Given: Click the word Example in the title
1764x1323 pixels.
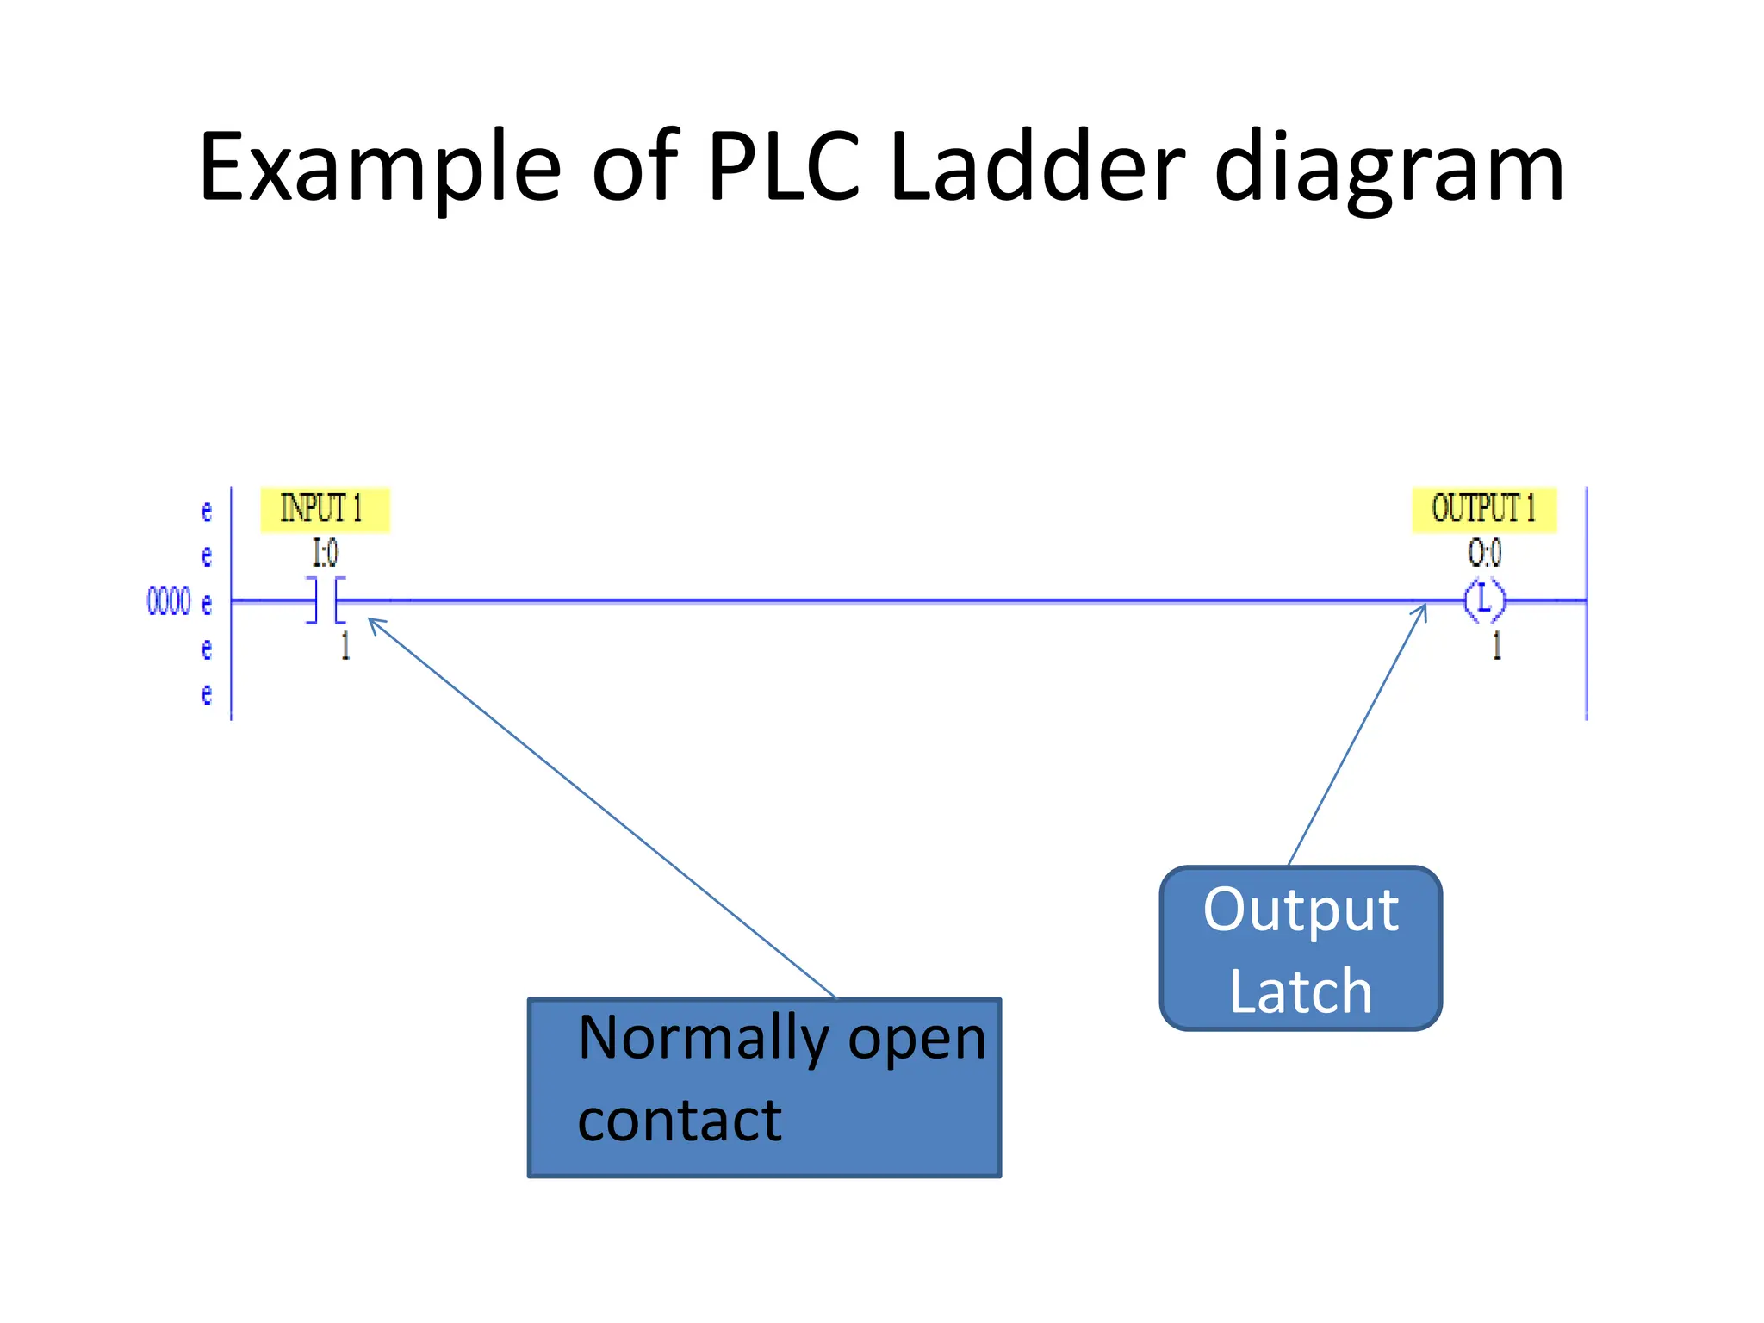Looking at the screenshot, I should point(380,167).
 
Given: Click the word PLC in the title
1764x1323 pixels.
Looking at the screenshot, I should point(783,167).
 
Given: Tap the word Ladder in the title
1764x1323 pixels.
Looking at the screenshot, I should point(1037,167).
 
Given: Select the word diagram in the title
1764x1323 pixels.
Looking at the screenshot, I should point(1388,167).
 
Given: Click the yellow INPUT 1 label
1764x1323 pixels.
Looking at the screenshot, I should point(324,508).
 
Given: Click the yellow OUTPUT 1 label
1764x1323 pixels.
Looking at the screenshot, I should point(1483,508).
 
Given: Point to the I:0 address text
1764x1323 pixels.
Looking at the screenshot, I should point(325,553).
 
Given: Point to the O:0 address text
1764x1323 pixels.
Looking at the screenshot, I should point(1484,553).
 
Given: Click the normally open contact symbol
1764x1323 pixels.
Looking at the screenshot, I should point(326,600).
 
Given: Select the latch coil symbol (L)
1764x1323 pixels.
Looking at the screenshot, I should point(1484,600).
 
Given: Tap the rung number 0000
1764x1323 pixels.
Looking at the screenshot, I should point(169,601).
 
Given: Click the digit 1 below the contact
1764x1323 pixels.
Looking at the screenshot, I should point(345,645).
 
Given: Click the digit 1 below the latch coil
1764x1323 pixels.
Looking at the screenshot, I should point(1496,645).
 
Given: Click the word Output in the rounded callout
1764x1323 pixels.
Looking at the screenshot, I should point(1301,910).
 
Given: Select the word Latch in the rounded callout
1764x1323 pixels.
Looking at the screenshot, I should point(1301,991).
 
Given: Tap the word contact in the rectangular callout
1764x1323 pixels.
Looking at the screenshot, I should point(680,1121).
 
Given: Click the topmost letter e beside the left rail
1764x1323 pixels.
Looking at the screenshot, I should point(207,511).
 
